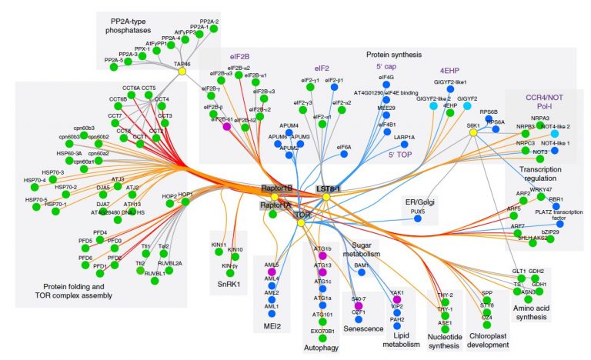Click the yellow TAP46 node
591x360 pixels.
point(182,71)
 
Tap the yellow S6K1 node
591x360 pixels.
point(472,132)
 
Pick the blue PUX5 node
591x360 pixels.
point(418,219)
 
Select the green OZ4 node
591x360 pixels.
point(488,325)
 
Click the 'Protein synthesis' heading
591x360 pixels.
point(394,55)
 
